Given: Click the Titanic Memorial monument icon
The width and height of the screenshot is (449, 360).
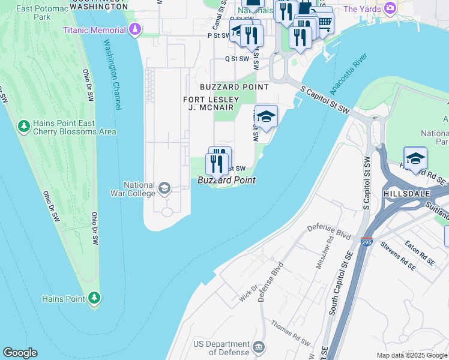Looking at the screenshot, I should [136, 29].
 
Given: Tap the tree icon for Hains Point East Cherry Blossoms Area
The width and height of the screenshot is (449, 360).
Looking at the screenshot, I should [24, 127].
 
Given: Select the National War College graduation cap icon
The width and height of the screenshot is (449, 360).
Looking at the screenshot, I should [163, 189].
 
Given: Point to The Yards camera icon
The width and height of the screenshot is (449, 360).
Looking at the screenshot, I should [391, 8].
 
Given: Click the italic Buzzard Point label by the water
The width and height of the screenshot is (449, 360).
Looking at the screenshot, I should [227, 180].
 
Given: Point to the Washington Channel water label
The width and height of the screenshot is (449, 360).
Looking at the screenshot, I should [112, 74].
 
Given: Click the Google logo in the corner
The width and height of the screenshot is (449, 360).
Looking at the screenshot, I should [20, 353].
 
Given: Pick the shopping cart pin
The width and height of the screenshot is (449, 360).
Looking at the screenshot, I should [324, 23].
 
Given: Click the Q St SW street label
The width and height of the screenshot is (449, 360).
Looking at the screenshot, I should [237, 59].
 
